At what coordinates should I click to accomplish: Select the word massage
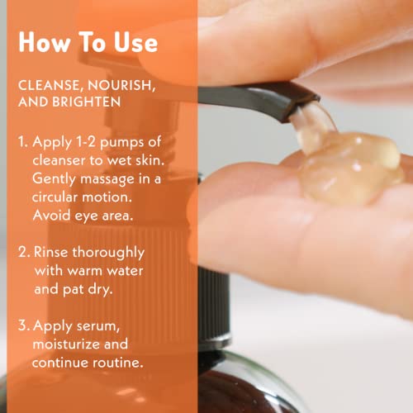coord(123,179)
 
